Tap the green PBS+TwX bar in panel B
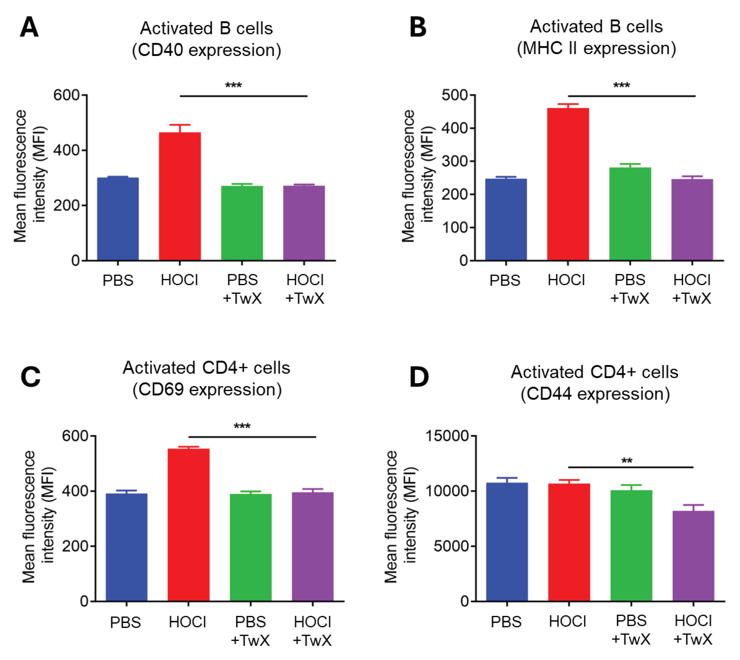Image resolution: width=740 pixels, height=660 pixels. coord(630,214)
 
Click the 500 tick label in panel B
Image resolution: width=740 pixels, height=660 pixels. coord(454,95)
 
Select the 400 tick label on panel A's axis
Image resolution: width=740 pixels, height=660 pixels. coord(66,150)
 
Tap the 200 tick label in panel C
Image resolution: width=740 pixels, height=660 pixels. coord(75,546)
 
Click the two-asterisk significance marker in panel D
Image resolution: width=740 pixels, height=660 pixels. coord(627,461)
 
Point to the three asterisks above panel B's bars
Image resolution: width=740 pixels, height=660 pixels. coord(621,86)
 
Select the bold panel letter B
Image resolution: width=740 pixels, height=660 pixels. coord(418,28)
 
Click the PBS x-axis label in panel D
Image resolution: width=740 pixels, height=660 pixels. coord(506,622)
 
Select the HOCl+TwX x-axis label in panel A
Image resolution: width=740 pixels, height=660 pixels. coord(305,289)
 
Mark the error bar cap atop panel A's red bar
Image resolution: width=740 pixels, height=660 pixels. coord(180,125)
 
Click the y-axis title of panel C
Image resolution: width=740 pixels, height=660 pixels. coord(38,517)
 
